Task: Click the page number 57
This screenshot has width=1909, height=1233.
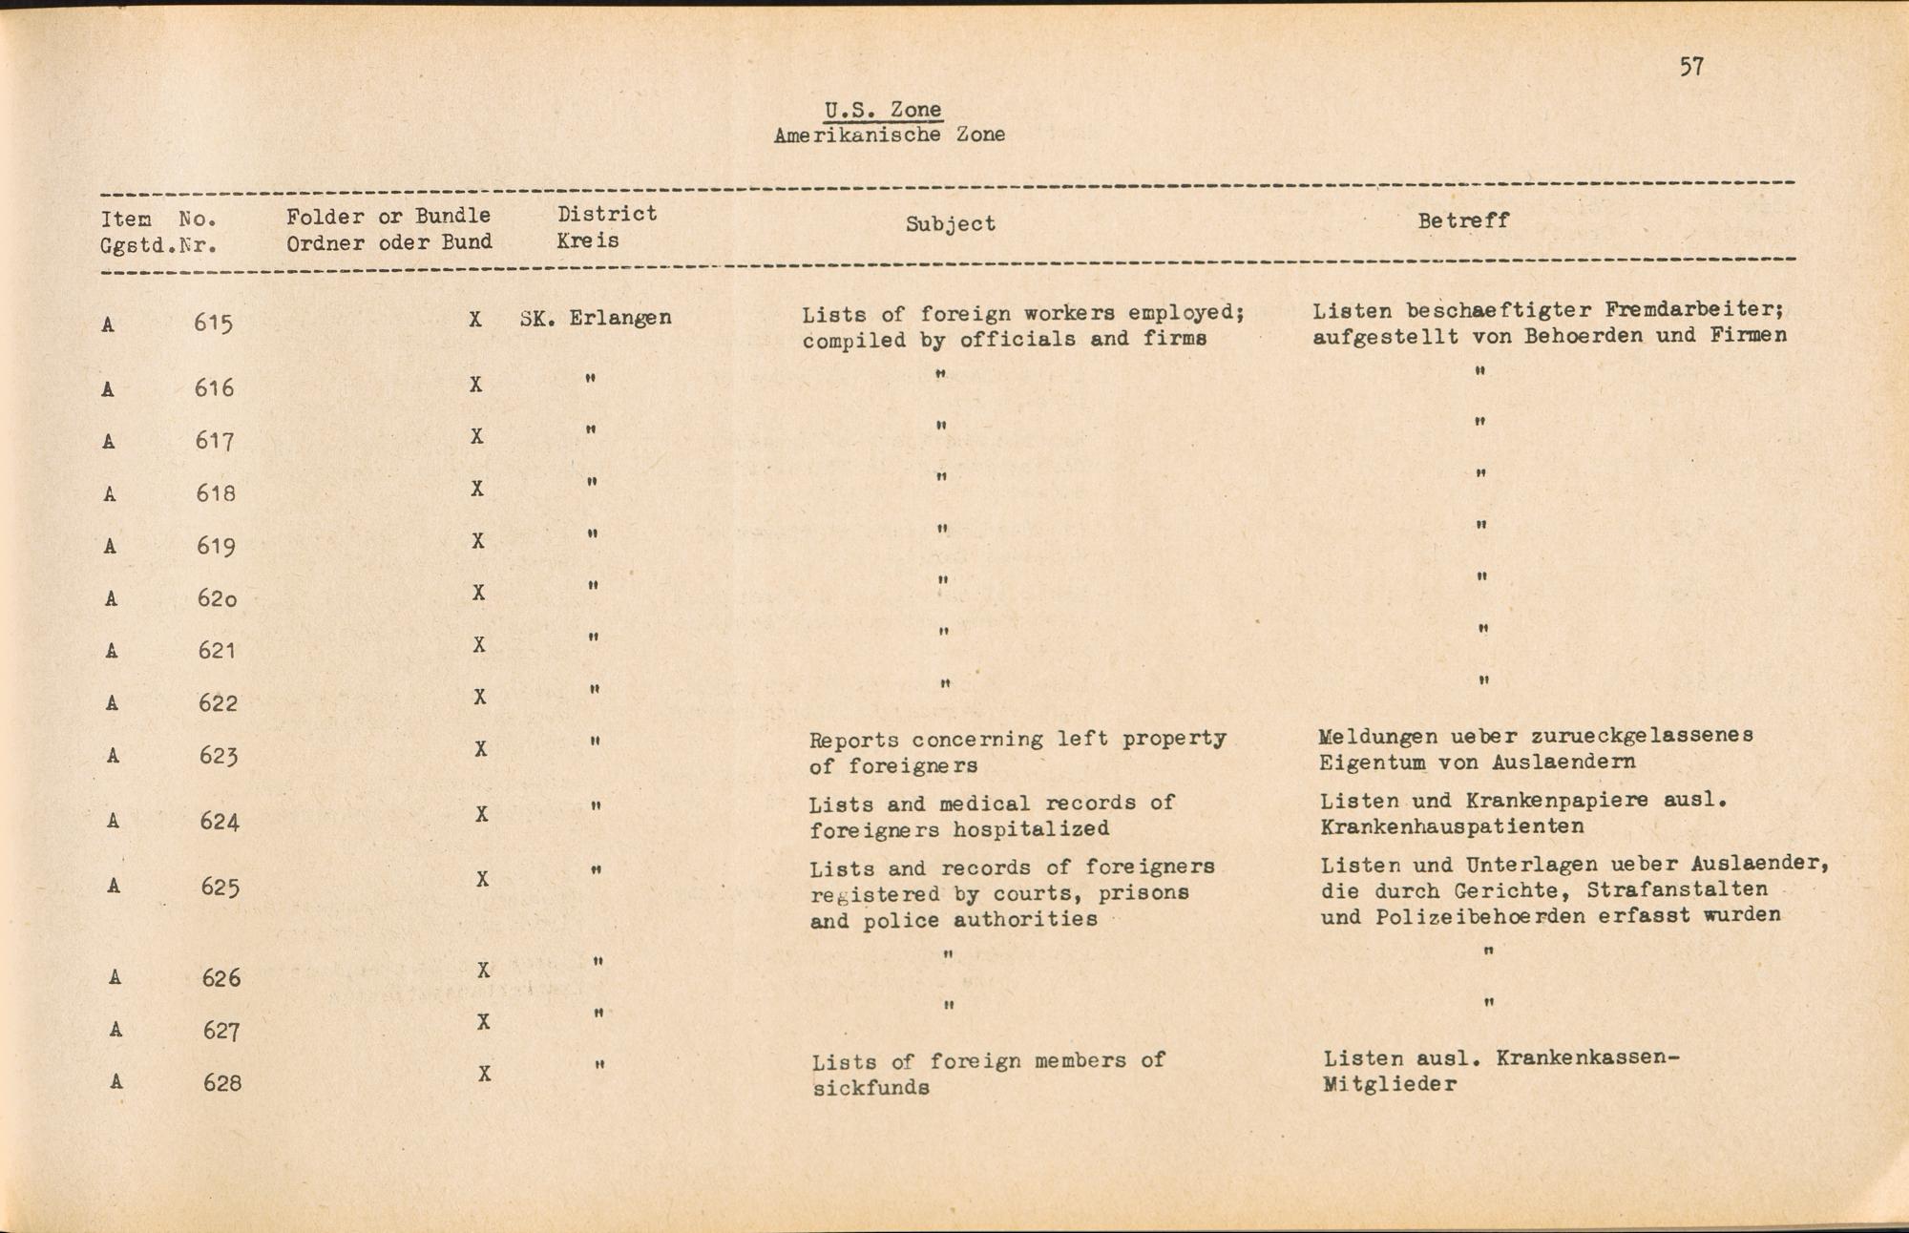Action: tap(1691, 67)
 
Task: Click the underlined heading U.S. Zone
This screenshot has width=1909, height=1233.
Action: tap(883, 110)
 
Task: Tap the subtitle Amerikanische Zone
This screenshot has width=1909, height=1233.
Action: tap(889, 136)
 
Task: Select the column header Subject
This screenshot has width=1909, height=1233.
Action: tap(950, 223)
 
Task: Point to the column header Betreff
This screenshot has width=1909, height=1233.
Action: tap(1462, 220)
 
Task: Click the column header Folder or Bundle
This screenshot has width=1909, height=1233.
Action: tap(388, 217)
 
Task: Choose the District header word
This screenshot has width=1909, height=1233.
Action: tap(607, 214)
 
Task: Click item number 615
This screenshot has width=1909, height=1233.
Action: tap(213, 324)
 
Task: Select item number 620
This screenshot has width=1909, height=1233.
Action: tap(217, 598)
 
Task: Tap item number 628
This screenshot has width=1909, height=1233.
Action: tap(221, 1083)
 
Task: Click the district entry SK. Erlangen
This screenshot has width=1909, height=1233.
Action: tap(596, 318)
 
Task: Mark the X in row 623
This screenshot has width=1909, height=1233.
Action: tap(481, 749)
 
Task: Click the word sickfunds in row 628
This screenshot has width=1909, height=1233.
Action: tap(871, 1088)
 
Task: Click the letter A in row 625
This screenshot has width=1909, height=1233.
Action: tap(114, 886)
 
